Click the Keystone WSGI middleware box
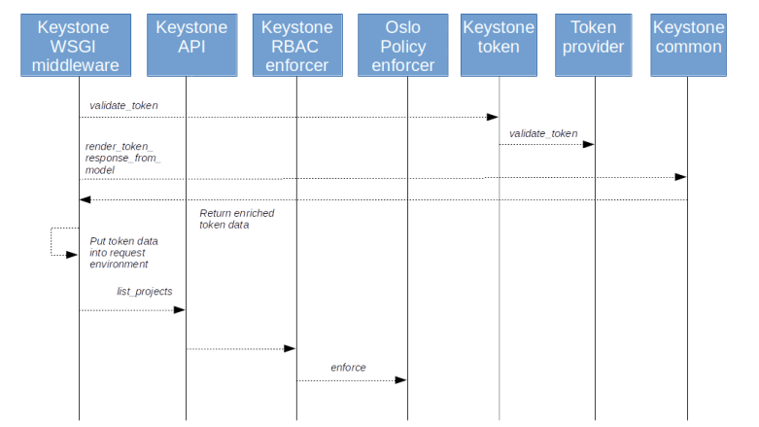[x=78, y=46]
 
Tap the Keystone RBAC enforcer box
[x=296, y=46]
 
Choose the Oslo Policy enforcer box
[x=402, y=46]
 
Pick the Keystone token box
[x=499, y=46]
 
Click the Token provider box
[x=593, y=46]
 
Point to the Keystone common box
[x=687, y=46]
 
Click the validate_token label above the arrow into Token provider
[x=543, y=134]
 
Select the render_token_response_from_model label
[x=122, y=158]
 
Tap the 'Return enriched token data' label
[x=236, y=218]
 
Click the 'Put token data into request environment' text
[x=123, y=252]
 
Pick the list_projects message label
[x=145, y=291]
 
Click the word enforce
[x=348, y=368]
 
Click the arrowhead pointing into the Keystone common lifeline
[x=680, y=177]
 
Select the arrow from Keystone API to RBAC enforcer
[x=240, y=348]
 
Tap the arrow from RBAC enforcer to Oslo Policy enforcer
[x=350, y=380]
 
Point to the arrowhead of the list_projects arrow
[x=179, y=310]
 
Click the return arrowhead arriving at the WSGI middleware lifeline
[x=86, y=200]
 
